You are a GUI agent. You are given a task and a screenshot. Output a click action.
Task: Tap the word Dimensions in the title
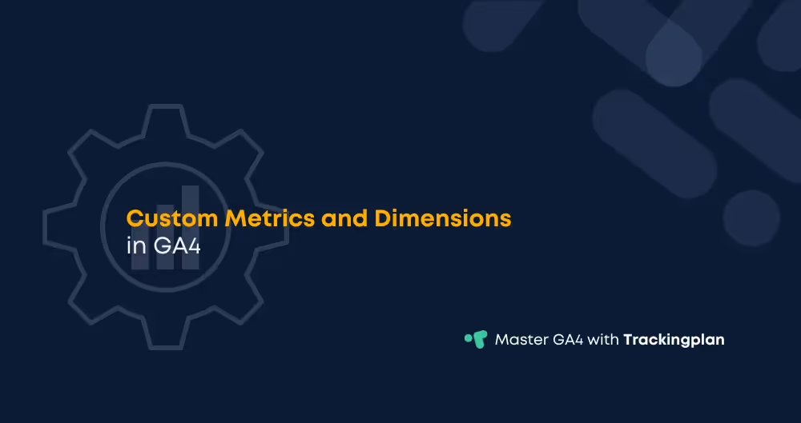pos(442,217)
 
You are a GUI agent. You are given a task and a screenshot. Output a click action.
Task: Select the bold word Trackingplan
pos(674,340)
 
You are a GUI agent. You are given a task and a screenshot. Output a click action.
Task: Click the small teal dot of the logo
pos(468,337)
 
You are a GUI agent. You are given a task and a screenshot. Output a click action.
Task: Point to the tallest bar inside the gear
pos(191,228)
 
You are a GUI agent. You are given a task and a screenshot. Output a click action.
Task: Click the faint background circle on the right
pos(752,218)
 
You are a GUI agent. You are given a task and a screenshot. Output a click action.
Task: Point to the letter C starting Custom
pos(135,217)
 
